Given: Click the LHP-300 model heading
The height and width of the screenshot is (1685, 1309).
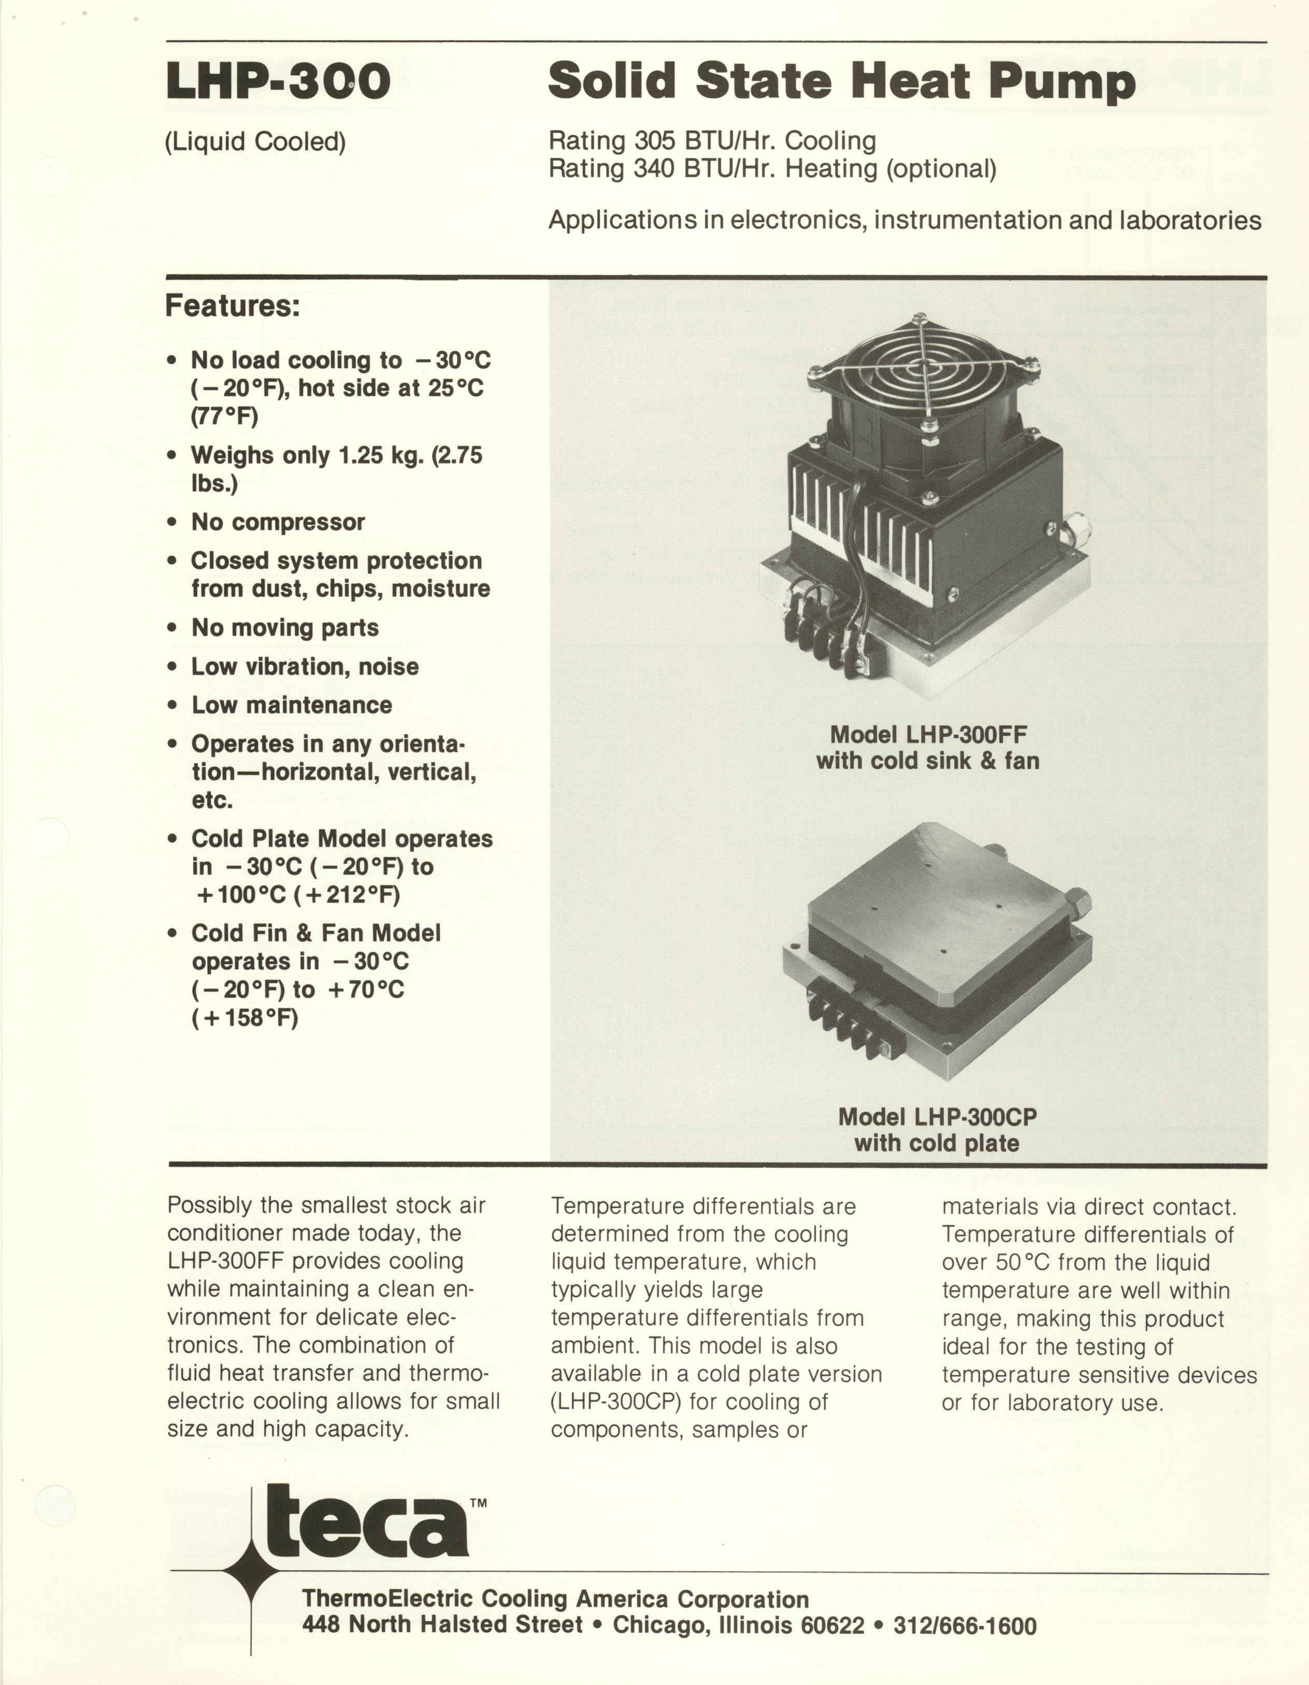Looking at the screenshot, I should (x=278, y=82).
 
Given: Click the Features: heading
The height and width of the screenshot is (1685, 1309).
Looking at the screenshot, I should (x=232, y=306).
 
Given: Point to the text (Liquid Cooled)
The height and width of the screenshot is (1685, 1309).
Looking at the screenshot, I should (x=255, y=142).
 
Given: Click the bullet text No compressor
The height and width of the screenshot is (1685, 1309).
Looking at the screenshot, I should (x=278, y=522).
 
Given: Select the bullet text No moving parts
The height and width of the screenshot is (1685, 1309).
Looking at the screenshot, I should (x=284, y=628).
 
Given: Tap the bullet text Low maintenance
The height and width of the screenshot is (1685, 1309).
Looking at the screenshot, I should (x=292, y=705).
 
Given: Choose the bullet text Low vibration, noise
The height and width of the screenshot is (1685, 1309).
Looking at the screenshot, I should (x=305, y=667).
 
